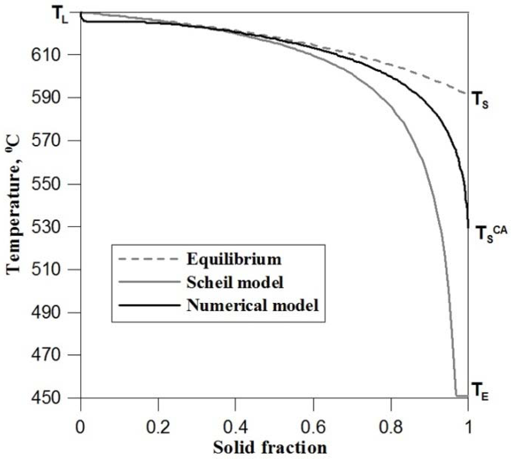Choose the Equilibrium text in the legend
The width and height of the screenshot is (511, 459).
coord(234,259)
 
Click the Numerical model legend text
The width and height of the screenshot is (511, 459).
coord(253,305)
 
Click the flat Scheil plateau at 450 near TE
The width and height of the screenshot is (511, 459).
coord(462,396)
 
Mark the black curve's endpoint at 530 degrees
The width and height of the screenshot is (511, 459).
coord(468,227)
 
